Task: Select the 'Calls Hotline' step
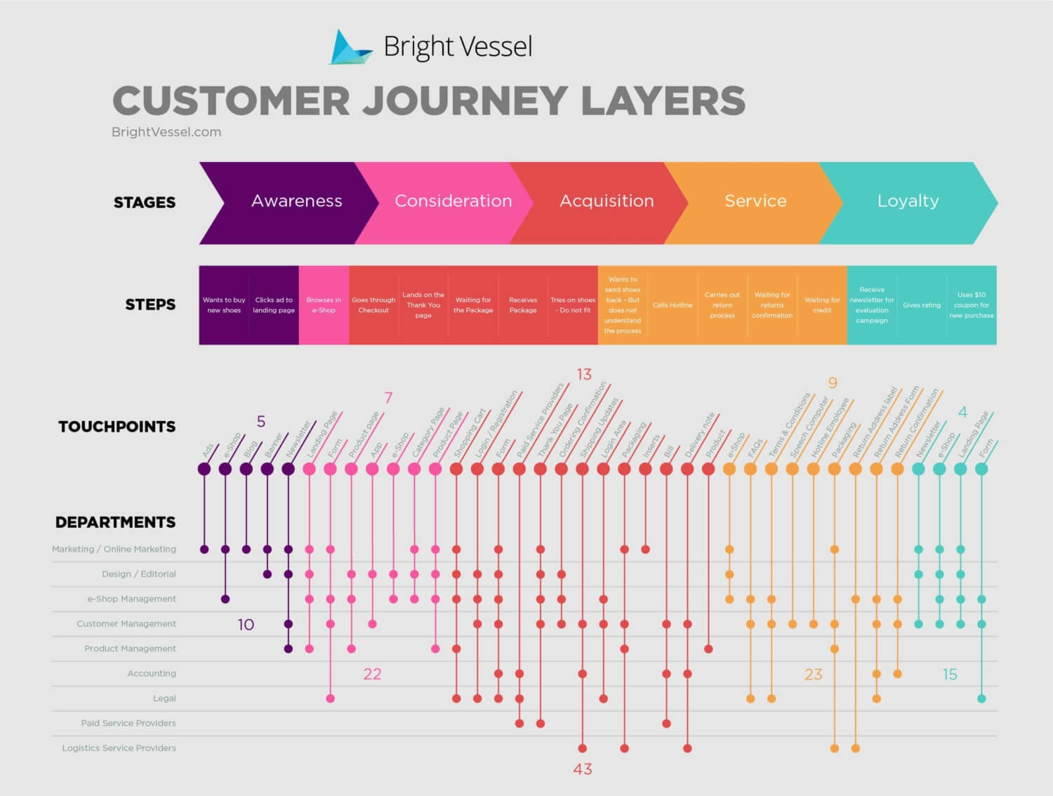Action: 672,305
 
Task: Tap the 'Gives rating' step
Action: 921,305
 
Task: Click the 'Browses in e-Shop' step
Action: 324,305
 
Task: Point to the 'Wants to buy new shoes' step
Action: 224,305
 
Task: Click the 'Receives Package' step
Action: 523,305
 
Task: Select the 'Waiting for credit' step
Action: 821,305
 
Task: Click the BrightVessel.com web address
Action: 166,132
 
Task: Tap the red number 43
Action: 583,769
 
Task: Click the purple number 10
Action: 246,625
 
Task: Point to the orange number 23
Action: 813,675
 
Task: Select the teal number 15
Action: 950,675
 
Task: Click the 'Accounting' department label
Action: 152,674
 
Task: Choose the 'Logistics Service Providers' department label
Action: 119,748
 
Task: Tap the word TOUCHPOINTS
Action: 117,427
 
